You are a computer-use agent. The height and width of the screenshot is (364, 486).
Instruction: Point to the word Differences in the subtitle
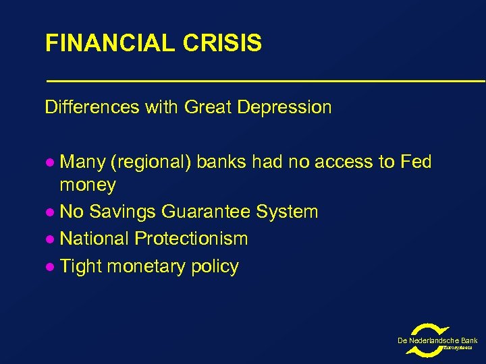[92, 107]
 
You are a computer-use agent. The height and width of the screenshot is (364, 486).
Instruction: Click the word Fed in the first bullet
[416, 162]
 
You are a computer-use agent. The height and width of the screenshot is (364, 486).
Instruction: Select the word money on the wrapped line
[88, 185]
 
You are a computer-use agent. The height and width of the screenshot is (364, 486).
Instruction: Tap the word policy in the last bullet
[215, 266]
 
